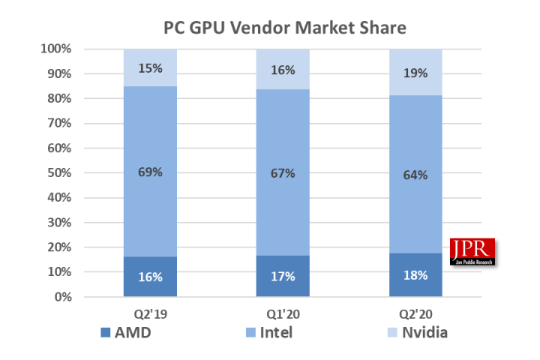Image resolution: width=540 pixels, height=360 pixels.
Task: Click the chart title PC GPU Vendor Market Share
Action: pyautogui.click(x=285, y=28)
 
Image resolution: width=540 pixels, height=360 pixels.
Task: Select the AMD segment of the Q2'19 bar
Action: pyautogui.click(x=151, y=286)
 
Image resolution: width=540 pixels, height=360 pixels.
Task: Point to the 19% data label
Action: pyautogui.click(x=415, y=73)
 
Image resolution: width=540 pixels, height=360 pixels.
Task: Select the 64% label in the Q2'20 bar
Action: pyautogui.click(x=415, y=175)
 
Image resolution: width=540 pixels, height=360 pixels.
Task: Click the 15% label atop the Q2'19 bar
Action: pyautogui.click(x=151, y=68)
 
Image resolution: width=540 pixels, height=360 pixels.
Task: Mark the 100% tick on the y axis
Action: pyautogui.click(x=57, y=49)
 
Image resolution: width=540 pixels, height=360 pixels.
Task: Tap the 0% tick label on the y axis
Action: pyautogui.click(x=62, y=297)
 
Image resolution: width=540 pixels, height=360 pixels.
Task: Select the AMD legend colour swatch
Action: pyautogui.click(x=106, y=331)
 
